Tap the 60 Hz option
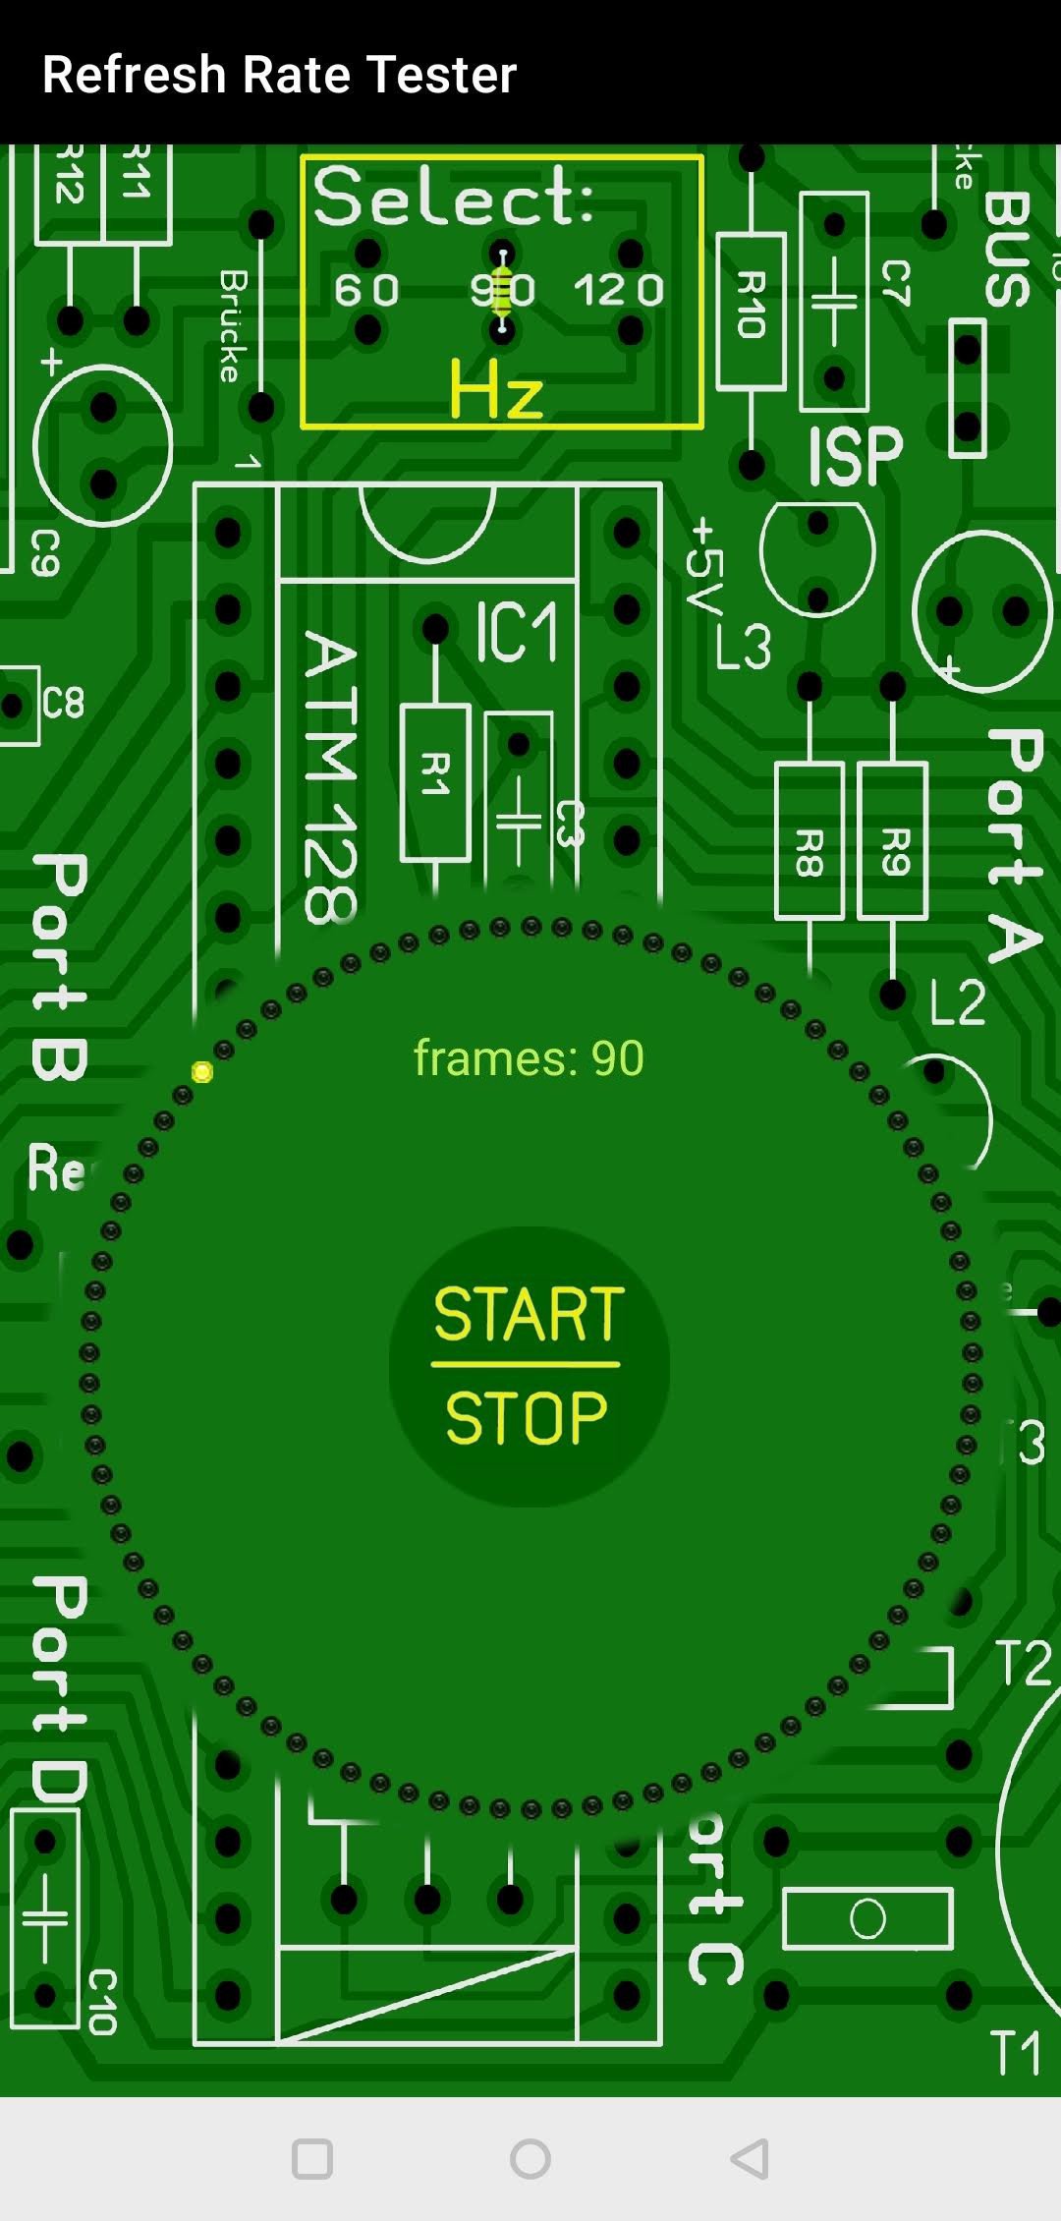pyautogui.click(x=366, y=290)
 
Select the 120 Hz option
pyautogui.click(x=619, y=290)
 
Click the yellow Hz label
pyautogui.click(x=496, y=391)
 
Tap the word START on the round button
pyautogui.click(x=529, y=1314)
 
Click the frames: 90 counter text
pyautogui.click(x=529, y=1058)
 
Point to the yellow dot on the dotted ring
pyautogui.click(x=202, y=1071)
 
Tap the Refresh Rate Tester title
pyautogui.click(x=280, y=75)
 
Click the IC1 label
pyautogui.click(x=517, y=632)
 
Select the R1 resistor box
pyautogui.click(x=435, y=782)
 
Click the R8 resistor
pyautogui.click(x=810, y=841)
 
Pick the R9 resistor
pyautogui.click(x=893, y=841)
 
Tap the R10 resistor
pyautogui.click(x=752, y=311)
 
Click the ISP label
pyautogui.click(x=855, y=456)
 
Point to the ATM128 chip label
pyautogui.click(x=330, y=776)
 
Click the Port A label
pyautogui.click(x=1014, y=845)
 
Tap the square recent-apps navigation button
pyautogui.click(x=312, y=2159)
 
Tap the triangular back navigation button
pyautogui.click(x=750, y=2159)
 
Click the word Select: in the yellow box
pyautogui.click(x=454, y=197)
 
